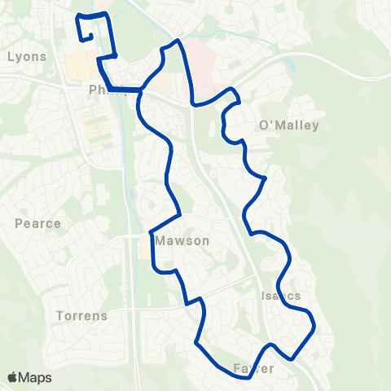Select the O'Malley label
(x=288, y=125)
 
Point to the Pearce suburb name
(x=37, y=223)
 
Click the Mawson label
(x=183, y=241)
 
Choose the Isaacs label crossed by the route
(x=283, y=295)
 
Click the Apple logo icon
(x=13, y=377)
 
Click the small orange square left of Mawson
(x=144, y=248)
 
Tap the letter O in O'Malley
(x=264, y=125)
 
